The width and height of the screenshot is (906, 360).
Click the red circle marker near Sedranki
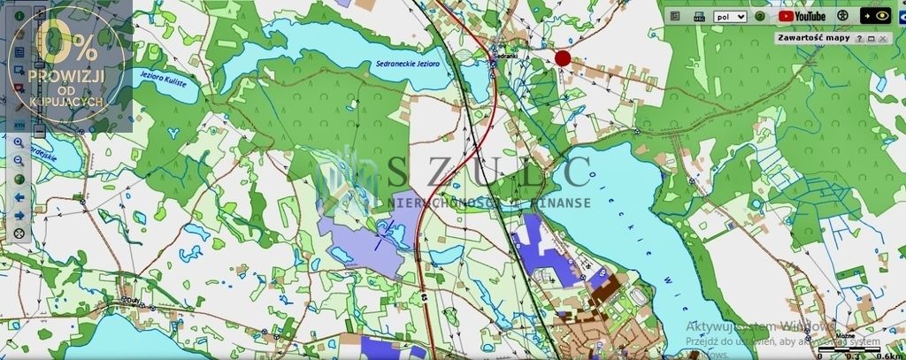(x=563, y=58)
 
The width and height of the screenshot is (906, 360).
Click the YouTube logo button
(x=802, y=16)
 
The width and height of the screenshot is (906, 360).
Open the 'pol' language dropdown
(x=730, y=16)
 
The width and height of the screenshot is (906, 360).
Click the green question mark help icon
(x=760, y=16)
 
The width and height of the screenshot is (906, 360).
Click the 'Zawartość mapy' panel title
(x=811, y=38)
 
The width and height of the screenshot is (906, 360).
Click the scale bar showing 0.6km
(x=849, y=351)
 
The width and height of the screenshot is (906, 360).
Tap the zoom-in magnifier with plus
(x=19, y=142)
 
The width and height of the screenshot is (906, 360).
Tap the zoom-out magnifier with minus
(x=19, y=160)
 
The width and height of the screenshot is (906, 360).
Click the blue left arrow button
(x=19, y=197)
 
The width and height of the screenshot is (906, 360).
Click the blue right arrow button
(x=19, y=215)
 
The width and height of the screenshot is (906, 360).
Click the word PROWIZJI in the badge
(x=65, y=76)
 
